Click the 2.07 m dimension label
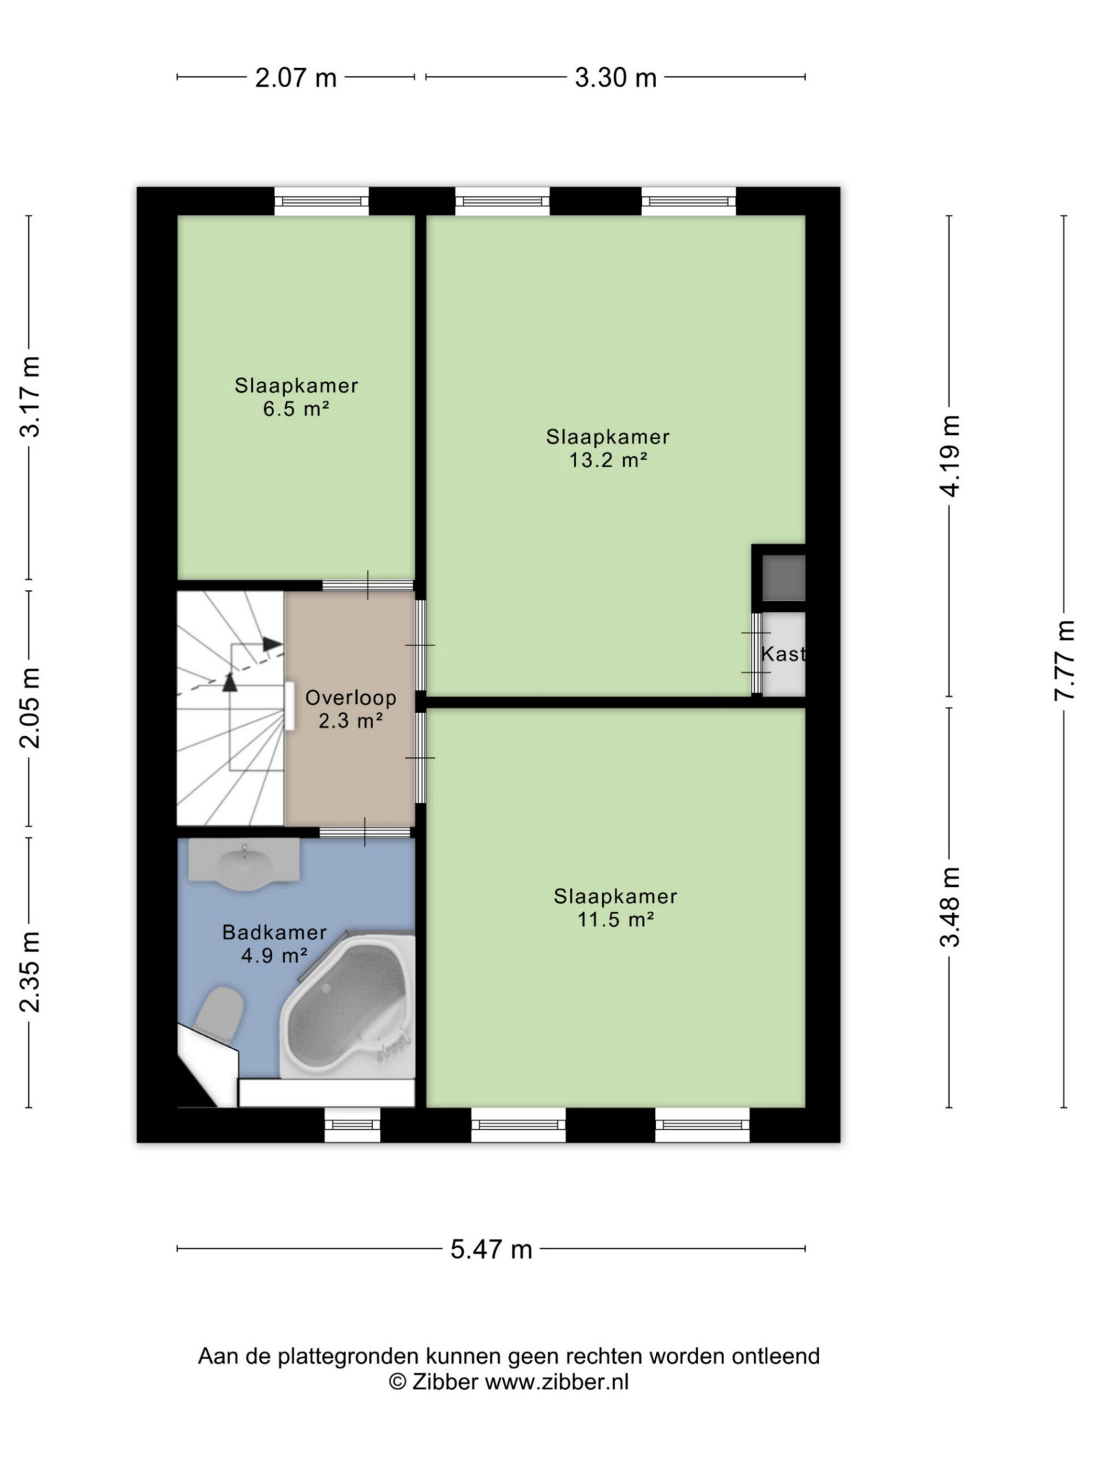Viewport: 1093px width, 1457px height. pos(296,78)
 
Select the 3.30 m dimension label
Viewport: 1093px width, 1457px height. pos(615,78)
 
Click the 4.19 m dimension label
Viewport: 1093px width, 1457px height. pos(950,456)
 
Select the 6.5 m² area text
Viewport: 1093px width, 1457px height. pos(296,409)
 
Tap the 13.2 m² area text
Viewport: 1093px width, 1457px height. pos(607,460)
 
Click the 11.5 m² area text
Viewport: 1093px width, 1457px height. pos(615,919)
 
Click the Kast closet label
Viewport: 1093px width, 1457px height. pos(783,653)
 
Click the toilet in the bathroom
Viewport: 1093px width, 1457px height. pos(220,1015)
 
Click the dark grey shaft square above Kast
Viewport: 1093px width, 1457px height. pos(783,578)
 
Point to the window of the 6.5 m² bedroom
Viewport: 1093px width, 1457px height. pos(322,201)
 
